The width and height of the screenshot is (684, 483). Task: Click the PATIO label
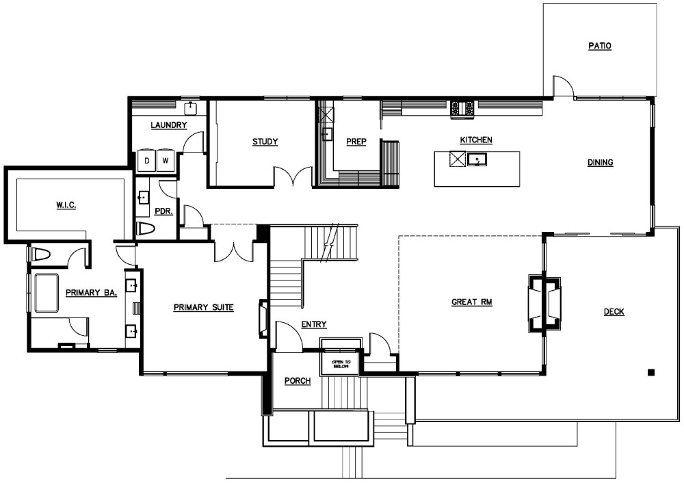point(600,46)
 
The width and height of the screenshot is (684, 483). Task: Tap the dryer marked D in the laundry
point(147,161)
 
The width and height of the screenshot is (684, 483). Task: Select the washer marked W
point(166,161)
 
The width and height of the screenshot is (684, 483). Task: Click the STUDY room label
point(265,142)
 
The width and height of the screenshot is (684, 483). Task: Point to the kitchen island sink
point(477,159)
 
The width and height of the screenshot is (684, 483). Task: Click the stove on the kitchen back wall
point(462,108)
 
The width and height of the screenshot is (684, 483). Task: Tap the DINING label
point(601,162)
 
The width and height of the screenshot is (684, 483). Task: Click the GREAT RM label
point(471,302)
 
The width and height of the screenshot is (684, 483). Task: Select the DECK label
point(614,311)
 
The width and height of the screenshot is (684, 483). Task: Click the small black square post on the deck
point(651,372)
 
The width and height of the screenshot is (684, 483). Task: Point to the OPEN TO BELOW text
point(341,364)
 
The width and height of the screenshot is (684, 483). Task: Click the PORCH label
point(298,381)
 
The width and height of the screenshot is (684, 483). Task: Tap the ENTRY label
point(314,324)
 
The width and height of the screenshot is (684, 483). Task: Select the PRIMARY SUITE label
point(204,307)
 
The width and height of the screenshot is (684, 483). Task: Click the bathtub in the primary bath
point(47,293)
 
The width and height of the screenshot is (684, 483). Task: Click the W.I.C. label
point(66,205)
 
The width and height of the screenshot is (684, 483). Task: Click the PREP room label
point(356,142)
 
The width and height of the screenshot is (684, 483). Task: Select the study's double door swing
point(293,177)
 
